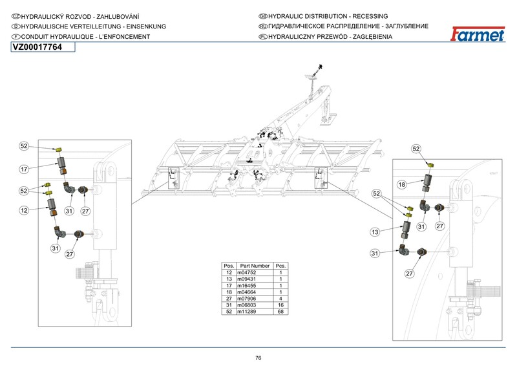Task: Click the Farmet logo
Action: click(478, 34)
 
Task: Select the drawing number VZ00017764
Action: click(37, 47)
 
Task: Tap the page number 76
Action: click(258, 358)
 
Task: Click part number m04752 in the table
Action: click(247, 273)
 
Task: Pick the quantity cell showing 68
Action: click(280, 312)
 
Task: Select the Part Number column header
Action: click(255, 266)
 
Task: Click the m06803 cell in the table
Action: click(247, 305)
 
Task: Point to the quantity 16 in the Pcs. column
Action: click(280, 305)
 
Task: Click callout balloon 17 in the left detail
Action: click(24, 169)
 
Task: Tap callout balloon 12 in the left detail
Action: click(24, 210)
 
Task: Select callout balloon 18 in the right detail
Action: click(401, 184)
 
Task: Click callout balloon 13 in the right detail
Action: click(375, 232)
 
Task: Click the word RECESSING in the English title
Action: click(370, 16)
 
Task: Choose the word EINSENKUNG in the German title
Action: click(146, 27)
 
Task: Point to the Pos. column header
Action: click(229, 266)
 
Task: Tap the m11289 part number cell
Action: click(247, 312)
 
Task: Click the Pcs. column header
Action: click(280, 266)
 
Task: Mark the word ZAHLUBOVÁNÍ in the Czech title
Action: click(118, 17)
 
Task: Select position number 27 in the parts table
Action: click(229, 299)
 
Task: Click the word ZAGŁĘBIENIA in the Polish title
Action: click(373, 37)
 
